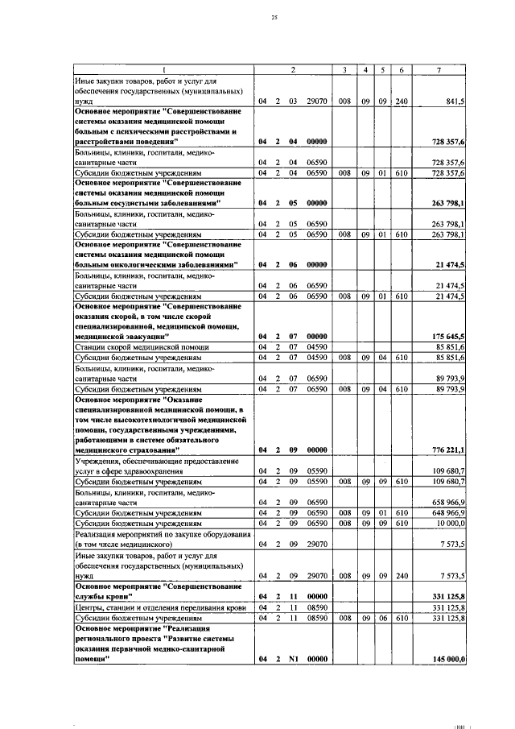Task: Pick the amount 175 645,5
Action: click(x=449, y=336)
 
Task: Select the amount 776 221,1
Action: click(x=449, y=449)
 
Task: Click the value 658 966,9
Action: click(x=449, y=500)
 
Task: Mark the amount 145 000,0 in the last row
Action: click(x=449, y=660)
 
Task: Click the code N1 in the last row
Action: click(x=294, y=660)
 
